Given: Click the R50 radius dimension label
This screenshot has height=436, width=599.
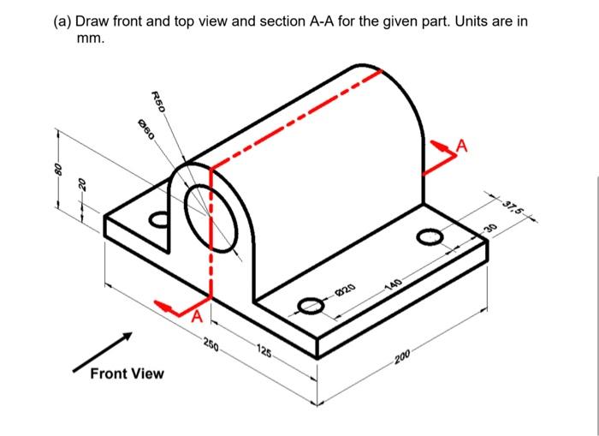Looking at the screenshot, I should tap(157, 101).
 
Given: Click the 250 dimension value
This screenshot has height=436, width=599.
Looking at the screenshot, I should tap(211, 347).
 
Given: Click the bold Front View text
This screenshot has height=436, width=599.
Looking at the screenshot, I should tap(127, 373).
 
